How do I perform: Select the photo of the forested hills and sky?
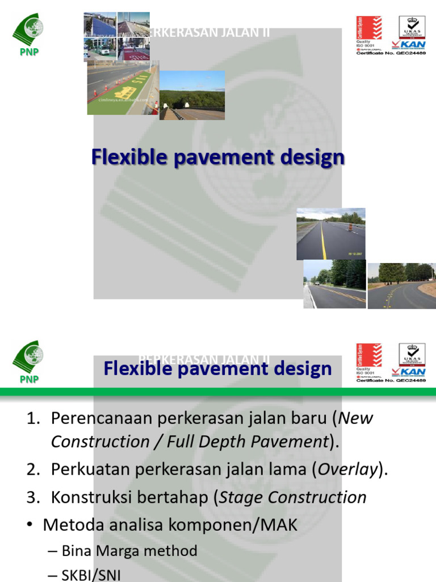(192, 95)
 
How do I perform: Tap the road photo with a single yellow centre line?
(330, 234)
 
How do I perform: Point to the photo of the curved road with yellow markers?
(401, 285)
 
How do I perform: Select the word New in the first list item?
(355, 418)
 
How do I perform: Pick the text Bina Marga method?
(129, 551)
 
